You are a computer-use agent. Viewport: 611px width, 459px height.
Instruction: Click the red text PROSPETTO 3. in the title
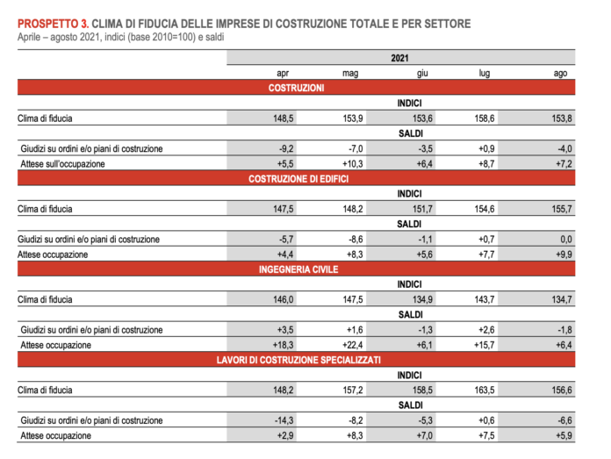click(53, 24)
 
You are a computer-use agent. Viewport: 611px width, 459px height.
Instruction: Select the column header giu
click(422, 73)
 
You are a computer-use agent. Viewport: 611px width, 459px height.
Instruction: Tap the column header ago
click(560, 73)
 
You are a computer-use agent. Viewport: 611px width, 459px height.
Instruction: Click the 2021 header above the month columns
click(399, 58)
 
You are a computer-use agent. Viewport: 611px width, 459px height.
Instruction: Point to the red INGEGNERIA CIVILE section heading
click(298, 269)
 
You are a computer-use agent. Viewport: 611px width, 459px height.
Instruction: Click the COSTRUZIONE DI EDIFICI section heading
click(298, 179)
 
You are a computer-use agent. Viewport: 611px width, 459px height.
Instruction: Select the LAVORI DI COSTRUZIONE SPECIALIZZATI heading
click(298, 360)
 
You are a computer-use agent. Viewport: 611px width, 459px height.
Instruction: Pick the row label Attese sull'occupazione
click(62, 163)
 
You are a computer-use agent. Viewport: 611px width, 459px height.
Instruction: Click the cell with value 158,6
click(485, 118)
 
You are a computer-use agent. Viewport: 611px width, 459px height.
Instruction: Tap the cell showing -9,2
click(286, 148)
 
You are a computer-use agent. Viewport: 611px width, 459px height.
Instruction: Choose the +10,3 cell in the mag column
click(353, 163)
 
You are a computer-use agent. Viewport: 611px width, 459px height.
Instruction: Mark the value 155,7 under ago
click(562, 209)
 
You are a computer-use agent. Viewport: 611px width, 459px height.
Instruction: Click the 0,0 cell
click(566, 240)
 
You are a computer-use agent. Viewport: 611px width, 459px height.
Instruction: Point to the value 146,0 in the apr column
click(284, 299)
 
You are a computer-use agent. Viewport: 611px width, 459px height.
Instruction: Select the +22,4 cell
click(353, 345)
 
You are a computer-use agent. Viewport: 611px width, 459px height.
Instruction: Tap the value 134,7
click(562, 299)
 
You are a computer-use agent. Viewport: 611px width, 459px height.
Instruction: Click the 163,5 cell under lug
click(485, 390)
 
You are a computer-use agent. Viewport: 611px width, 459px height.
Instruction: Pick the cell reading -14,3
click(284, 420)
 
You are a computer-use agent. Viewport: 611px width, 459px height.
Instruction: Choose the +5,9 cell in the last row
click(564, 435)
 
